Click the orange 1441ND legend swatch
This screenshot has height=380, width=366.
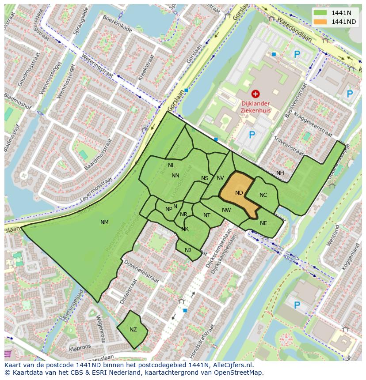321,22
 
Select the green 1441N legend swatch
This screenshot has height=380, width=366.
321,13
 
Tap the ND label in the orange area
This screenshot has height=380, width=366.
239,193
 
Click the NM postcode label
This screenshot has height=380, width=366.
104,222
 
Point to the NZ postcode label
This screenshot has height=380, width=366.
133,330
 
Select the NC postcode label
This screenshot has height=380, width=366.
263,195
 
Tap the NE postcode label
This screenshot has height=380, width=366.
263,223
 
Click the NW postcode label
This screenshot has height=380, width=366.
226,210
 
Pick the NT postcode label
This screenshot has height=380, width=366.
207,215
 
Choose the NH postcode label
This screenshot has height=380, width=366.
280,173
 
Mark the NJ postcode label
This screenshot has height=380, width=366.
188,250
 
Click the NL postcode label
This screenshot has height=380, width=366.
172,166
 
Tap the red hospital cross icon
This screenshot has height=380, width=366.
255,94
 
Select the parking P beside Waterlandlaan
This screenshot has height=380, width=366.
297,54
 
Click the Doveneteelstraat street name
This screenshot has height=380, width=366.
141,272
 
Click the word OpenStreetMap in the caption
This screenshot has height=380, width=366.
238,372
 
